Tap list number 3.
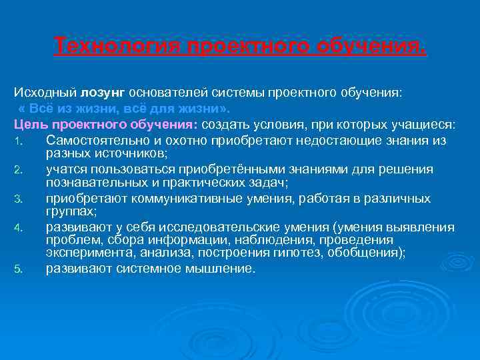(x=18, y=199)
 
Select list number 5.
(x=18, y=270)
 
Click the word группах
(x=71, y=211)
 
